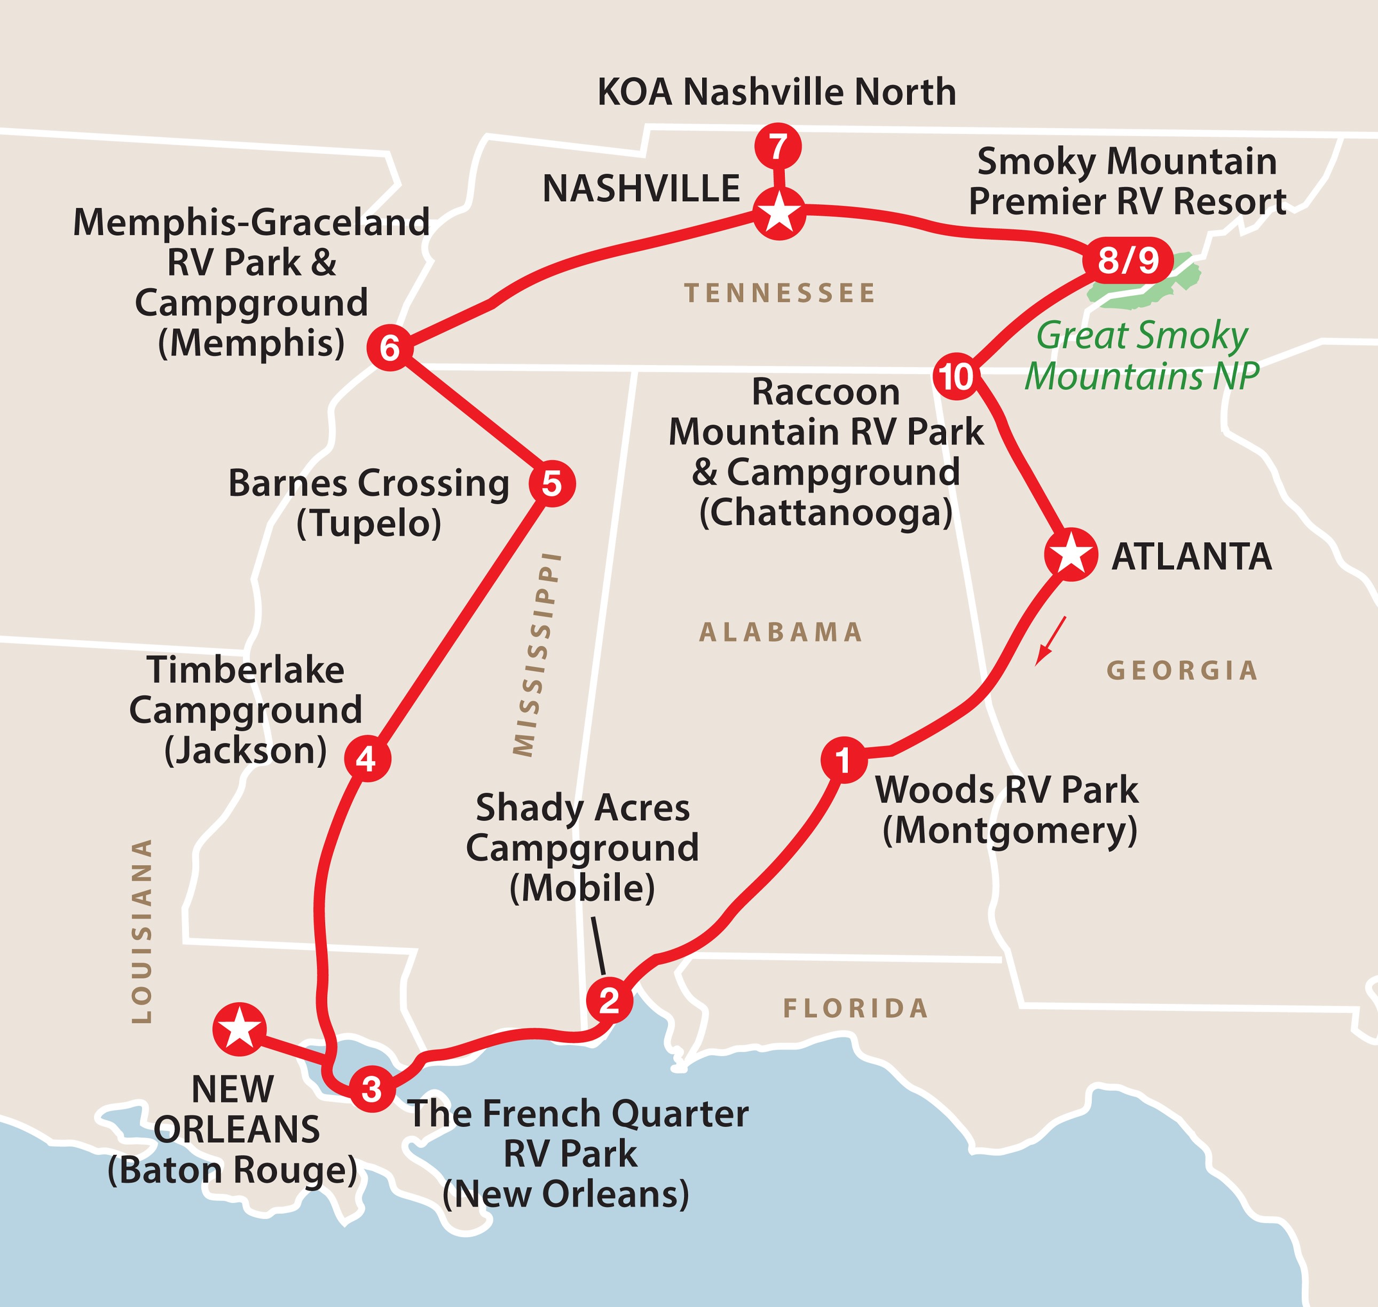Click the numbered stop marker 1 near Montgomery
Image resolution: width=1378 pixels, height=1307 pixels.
pos(844,760)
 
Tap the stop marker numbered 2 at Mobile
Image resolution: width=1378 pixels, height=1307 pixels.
pos(609,1001)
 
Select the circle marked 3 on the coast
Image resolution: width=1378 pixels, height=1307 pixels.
pos(372,1088)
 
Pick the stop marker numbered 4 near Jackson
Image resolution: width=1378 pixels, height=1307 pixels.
pos(367,759)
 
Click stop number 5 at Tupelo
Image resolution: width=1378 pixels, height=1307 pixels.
pos(552,483)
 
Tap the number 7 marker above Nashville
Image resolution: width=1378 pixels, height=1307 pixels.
pos(778,147)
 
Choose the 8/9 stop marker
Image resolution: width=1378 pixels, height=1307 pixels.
pos(1128,260)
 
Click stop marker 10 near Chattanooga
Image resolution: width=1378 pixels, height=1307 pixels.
pos(956,377)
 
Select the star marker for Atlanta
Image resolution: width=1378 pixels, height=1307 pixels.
pos(1070,555)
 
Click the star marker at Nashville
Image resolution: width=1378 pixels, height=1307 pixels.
pos(780,213)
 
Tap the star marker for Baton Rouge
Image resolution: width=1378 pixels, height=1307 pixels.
pos(239,1027)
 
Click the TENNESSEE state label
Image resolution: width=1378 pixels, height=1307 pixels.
pos(780,294)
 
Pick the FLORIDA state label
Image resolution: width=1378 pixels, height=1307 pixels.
pos(856,1008)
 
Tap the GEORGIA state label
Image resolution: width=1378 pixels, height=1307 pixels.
pos(1182,670)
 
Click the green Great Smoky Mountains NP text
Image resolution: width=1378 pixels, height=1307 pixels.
pos(1141,356)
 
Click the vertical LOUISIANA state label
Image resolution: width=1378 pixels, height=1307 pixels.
pos(142,930)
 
